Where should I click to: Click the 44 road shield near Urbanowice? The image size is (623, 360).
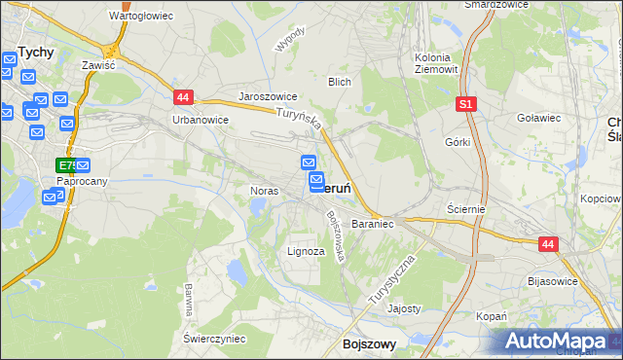click(184, 97)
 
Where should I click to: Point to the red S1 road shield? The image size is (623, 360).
click(467, 103)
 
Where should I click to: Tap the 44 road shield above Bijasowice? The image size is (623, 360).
click(548, 245)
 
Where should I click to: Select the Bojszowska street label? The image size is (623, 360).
click(337, 236)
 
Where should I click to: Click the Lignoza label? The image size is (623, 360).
click(306, 251)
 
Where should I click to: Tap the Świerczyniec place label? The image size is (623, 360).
click(213, 338)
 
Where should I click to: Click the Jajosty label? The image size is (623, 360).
click(404, 308)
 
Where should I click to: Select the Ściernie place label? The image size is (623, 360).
click(466, 208)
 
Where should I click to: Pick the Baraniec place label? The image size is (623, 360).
click(372, 224)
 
